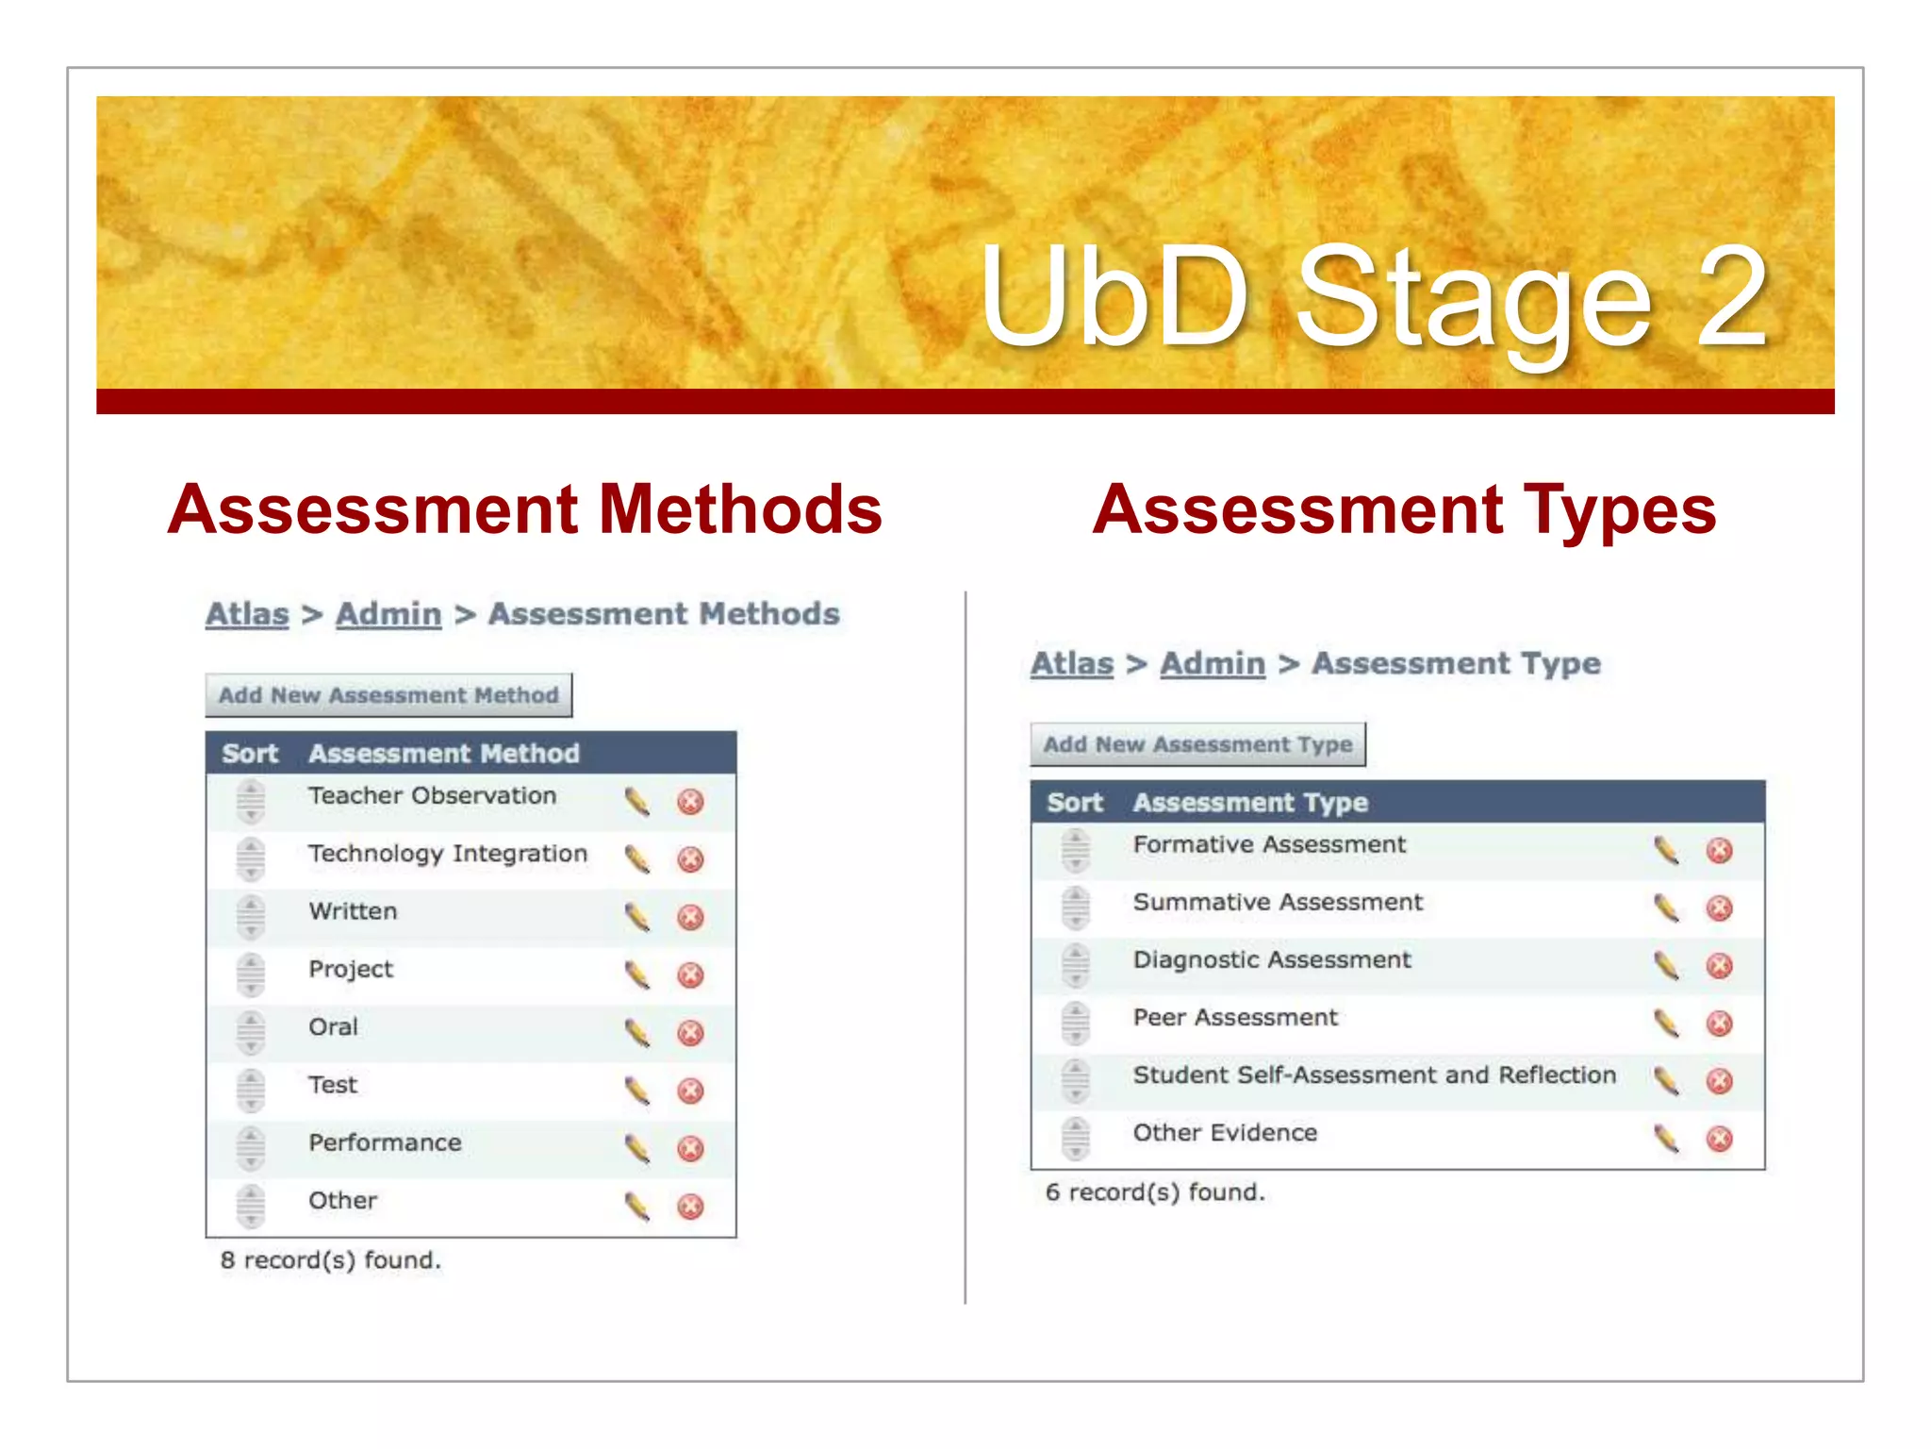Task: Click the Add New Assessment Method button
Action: coord(388,695)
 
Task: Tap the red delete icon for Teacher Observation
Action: coord(690,802)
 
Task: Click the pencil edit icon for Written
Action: coord(637,916)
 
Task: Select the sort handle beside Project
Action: coord(251,974)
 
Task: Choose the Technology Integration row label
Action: coord(447,854)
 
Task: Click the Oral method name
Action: coord(333,1027)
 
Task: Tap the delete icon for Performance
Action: coord(690,1148)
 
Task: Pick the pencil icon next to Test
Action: coord(637,1091)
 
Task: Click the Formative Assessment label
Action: coord(1268,845)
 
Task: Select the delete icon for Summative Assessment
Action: coord(1719,908)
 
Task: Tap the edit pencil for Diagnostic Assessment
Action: coord(1666,965)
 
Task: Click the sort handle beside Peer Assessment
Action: coord(1075,1024)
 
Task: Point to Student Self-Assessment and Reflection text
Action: coord(1374,1075)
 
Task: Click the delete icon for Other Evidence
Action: coord(1719,1139)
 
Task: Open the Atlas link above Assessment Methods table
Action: coord(247,614)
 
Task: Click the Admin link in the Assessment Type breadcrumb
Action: coord(1212,663)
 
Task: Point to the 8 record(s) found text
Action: coord(330,1260)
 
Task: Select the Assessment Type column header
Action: coord(1249,803)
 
